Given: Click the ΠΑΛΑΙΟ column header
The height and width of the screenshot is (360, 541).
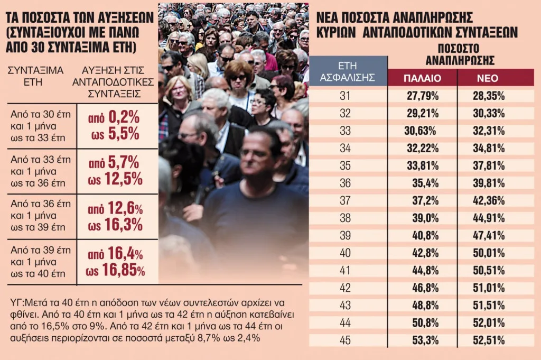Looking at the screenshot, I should click(x=422, y=79).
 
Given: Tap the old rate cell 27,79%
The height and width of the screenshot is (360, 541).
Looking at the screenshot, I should click(x=421, y=96).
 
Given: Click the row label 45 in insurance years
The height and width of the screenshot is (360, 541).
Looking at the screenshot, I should click(x=344, y=340).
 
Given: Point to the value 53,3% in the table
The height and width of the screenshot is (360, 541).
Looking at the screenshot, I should click(x=425, y=340).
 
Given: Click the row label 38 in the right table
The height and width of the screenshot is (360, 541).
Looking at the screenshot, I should click(x=344, y=218).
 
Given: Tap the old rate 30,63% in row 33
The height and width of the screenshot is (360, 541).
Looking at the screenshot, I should click(x=421, y=131).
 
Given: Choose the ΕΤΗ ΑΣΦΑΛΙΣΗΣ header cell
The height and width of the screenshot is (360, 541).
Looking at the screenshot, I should click(x=348, y=72).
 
